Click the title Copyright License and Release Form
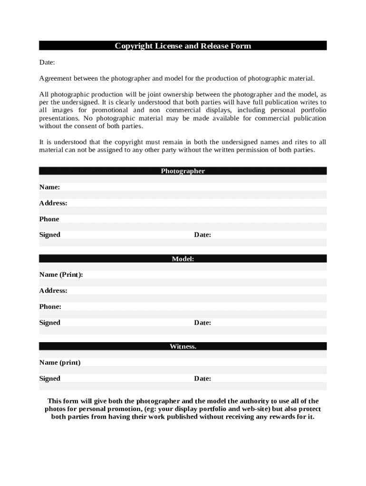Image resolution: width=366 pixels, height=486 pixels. [x=183, y=46]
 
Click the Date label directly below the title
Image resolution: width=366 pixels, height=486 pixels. [x=47, y=62]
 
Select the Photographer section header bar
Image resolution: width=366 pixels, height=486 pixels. [x=183, y=171]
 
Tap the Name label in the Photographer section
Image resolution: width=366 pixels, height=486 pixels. [x=49, y=187]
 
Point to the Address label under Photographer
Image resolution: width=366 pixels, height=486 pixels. [x=53, y=203]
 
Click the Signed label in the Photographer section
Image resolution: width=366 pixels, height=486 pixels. [x=49, y=235]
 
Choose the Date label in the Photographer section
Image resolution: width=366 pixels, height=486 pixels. [x=202, y=235]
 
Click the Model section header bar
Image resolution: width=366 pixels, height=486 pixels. [x=183, y=259]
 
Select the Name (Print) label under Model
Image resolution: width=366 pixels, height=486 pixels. [x=61, y=275]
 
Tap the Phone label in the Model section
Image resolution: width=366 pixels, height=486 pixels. [x=50, y=307]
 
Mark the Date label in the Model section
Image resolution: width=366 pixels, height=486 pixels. [x=202, y=323]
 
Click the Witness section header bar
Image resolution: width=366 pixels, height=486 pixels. [x=183, y=346]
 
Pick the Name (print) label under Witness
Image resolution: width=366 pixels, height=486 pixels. [x=59, y=363]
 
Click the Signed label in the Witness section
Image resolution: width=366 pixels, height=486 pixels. [x=49, y=379]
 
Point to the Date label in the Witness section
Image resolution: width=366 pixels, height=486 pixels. [x=202, y=379]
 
